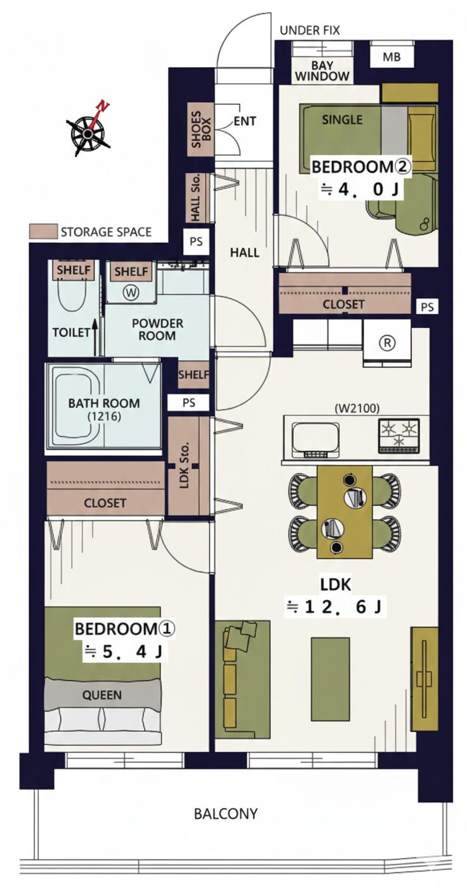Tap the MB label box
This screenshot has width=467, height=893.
pos(391,57)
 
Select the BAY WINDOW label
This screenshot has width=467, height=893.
pos(322,70)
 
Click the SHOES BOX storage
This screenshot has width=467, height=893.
pos(201,130)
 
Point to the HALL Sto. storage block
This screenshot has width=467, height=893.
pos(197,197)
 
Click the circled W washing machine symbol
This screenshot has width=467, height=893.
pos(131,294)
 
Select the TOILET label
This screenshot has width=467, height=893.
pos(72,332)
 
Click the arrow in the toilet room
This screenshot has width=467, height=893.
pos(95,337)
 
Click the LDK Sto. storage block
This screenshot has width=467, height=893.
pos(188,466)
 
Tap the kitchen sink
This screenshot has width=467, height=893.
pos(316,440)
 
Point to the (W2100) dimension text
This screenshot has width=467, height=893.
pos(357,408)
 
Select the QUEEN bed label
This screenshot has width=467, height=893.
pos(102,695)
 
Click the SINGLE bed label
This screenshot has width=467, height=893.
pos(342,120)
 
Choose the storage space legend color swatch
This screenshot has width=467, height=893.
pos(43,231)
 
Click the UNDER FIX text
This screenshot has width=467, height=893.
pos(310,30)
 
